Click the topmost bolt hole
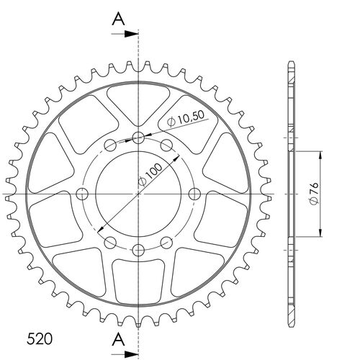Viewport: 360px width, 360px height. coord(138,138)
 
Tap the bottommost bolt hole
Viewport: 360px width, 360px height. coord(138,249)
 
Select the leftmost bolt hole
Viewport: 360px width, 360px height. coord(82,194)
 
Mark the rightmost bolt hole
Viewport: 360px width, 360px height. coord(193,194)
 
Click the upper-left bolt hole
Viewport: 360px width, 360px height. coord(109,147)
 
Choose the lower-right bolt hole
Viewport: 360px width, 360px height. coord(165,241)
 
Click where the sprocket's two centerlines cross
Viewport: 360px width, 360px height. coord(138,194)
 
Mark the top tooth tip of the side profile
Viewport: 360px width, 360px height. coord(290,63)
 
